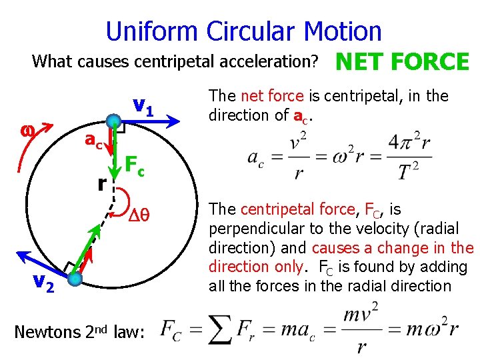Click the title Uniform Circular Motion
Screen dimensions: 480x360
click(243, 31)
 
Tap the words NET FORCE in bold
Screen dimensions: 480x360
click(403, 62)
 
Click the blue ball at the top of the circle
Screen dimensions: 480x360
click(114, 121)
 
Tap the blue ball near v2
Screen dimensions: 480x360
click(75, 278)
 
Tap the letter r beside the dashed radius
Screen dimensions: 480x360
click(101, 183)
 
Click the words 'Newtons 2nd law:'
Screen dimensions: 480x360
click(79, 331)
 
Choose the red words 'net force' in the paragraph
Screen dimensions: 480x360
click(271, 96)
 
